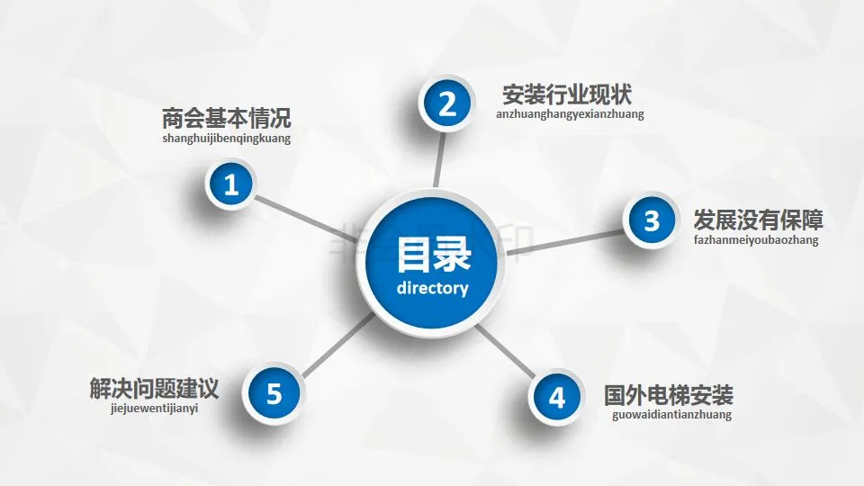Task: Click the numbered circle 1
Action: pos(231,185)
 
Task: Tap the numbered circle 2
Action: pos(446,105)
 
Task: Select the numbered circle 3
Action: pos(652,220)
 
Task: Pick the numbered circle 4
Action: pos(558,397)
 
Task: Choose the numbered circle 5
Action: pos(274,393)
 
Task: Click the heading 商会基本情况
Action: pos(227,119)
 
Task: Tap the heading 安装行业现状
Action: pos(569,94)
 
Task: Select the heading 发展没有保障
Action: pos(758,220)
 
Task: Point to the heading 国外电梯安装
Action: pos(669,395)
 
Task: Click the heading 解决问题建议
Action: pos(154,389)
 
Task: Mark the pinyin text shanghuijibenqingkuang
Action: pos(227,139)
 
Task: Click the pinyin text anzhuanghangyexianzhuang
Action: pos(570,114)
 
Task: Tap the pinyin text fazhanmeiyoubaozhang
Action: pos(756,240)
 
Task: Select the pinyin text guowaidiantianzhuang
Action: pos(671,415)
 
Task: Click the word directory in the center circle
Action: pos(432,289)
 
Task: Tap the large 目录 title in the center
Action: pos(433,254)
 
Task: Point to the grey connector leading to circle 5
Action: pos(336,346)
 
